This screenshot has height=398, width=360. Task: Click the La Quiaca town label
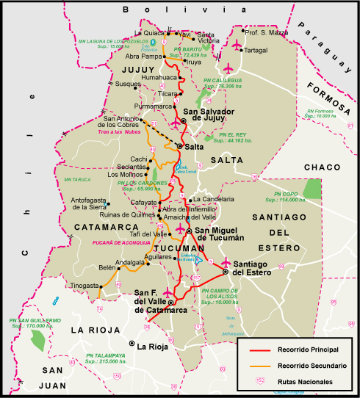point(149,33)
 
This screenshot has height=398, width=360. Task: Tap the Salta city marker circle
point(179,147)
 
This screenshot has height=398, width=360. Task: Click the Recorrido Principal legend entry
point(309,350)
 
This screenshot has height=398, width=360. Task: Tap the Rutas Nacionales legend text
point(306,382)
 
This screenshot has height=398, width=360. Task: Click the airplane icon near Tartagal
point(237,46)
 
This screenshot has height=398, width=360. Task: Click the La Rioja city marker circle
point(132,344)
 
